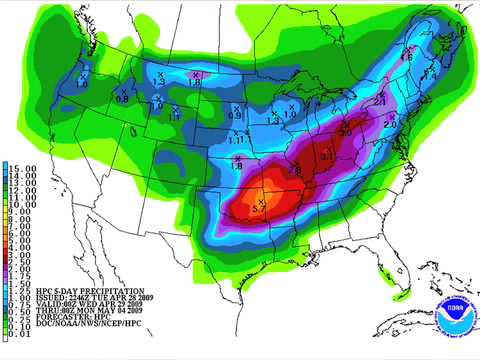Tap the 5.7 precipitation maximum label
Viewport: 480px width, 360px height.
coord(258,209)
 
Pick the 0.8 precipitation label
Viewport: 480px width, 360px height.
coord(122,98)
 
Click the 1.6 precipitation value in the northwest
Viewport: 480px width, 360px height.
coord(196,82)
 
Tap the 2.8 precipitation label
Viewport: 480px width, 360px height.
coord(295,171)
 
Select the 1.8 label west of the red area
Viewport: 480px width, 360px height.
coord(237,165)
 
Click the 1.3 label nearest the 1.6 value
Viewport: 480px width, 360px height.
coord(161,82)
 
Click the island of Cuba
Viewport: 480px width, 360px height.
coord(440,300)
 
